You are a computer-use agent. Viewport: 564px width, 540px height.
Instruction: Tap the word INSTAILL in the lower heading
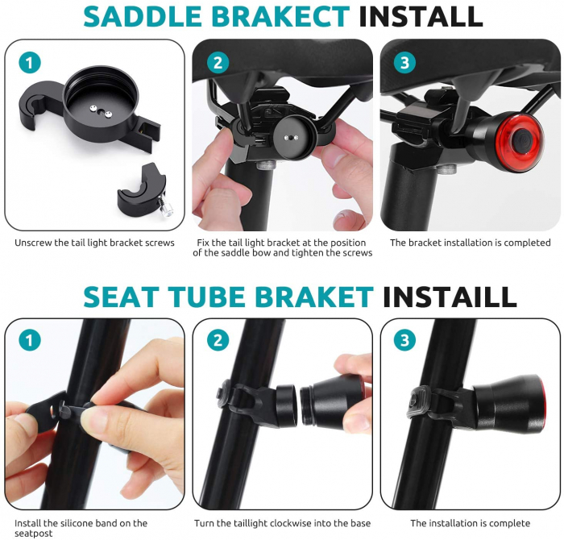pos(450,297)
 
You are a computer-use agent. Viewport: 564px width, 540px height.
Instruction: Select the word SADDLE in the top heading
pos(143,17)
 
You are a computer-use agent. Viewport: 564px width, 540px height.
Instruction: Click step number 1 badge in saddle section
pos(30,63)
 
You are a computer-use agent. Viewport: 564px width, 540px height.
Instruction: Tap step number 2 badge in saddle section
pos(218,63)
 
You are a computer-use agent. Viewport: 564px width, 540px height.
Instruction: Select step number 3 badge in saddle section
pos(405,63)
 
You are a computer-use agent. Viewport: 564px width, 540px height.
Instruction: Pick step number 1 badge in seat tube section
pos(30,340)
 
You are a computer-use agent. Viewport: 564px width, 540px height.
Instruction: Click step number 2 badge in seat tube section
pos(218,340)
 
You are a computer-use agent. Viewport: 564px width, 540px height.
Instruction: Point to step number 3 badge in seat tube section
pos(405,340)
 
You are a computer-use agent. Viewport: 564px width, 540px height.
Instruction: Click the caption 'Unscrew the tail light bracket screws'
pos(94,243)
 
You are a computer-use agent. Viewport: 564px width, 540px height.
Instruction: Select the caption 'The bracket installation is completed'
pos(470,243)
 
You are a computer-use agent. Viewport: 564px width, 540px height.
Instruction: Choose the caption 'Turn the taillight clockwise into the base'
pos(282,523)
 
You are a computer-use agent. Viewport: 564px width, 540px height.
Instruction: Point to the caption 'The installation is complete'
pos(470,523)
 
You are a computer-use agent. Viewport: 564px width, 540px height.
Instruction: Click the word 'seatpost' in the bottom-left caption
pos(34,534)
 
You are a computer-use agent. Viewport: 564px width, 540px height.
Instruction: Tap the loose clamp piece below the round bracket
pos(144,191)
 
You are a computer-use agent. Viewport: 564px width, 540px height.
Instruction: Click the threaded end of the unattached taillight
pos(306,405)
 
